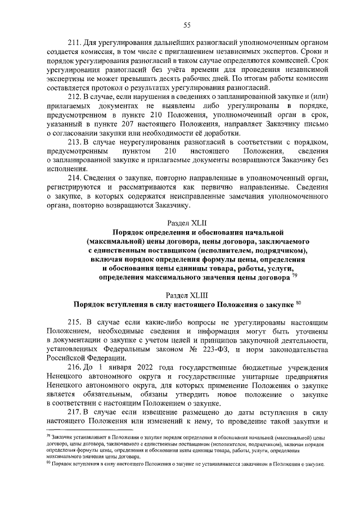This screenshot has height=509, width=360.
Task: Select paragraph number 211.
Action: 74,43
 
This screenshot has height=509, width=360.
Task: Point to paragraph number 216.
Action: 74,366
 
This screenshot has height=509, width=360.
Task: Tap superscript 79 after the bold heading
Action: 295,276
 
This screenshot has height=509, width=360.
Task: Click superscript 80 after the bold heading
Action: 299,303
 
